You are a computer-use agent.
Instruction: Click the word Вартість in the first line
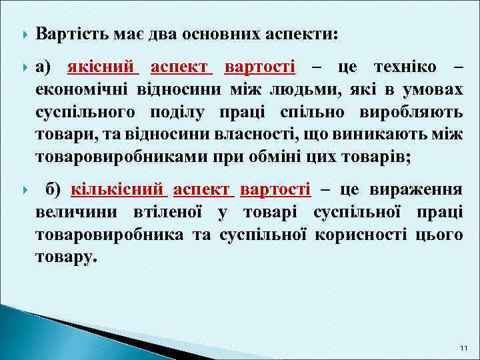coord(71,33)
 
